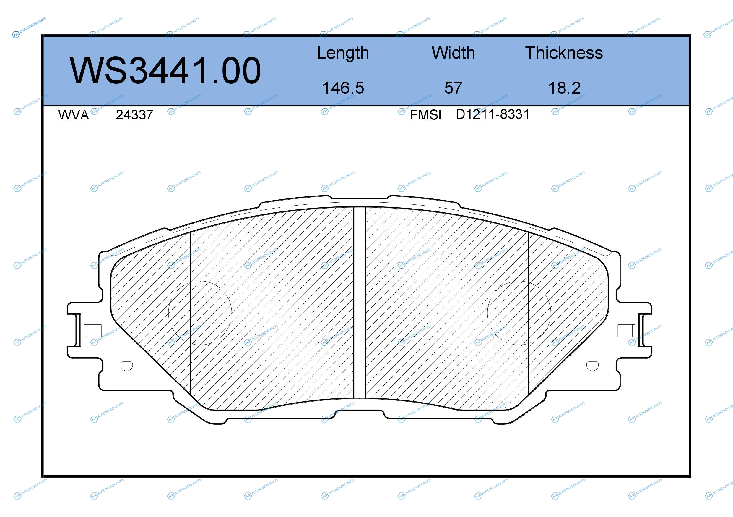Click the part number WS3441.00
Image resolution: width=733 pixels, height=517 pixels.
click(x=165, y=71)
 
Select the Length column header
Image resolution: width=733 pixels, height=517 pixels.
click(x=343, y=53)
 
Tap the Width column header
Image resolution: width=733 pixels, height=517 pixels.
click(x=453, y=53)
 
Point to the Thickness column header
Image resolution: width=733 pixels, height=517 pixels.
click(x=564, y=53)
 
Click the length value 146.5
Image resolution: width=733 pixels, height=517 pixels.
click(x=343, y=88)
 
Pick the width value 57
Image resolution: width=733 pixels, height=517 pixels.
click(x=453, y=88)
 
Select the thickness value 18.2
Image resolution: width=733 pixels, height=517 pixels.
click(x=564, y=88)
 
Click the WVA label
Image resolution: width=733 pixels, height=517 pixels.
click(x=74, y=115)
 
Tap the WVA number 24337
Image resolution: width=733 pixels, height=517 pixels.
click(x=134, y=115)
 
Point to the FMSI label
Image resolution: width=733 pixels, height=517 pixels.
click(x=425, y=115)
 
